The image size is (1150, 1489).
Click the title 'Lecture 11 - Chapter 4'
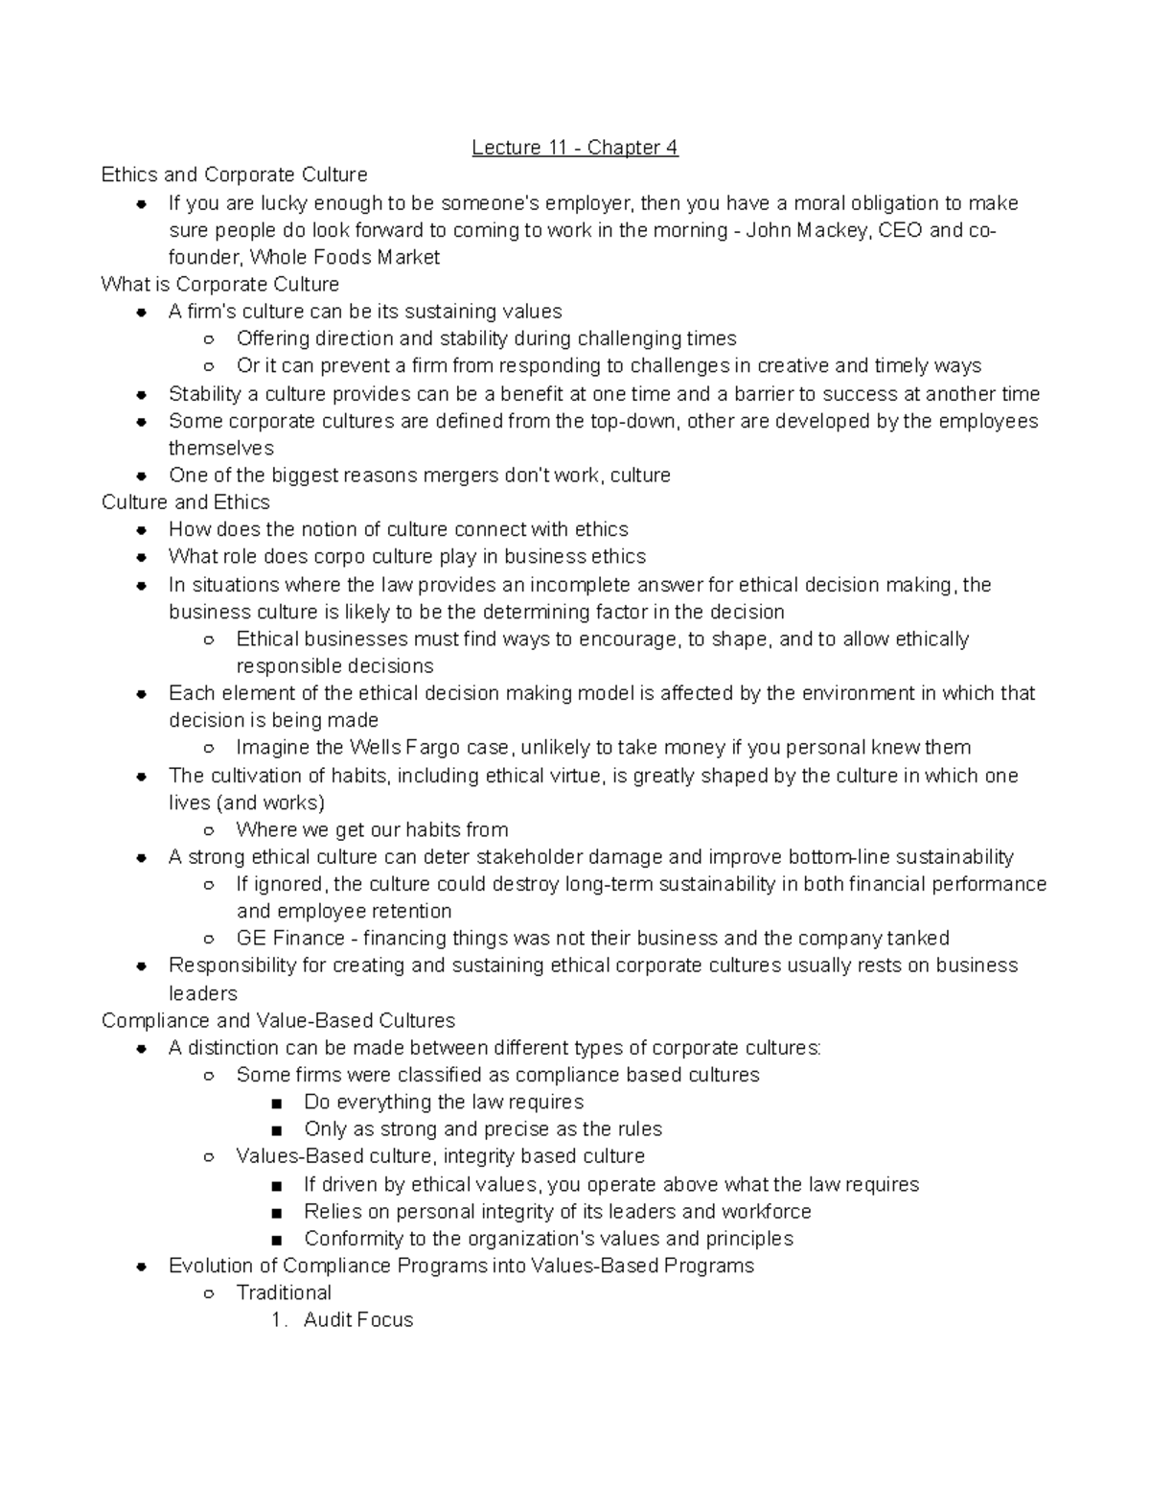coord(574,148)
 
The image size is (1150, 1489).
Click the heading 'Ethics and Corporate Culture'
coord(235,174)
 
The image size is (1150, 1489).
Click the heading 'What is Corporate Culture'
coord(220,284)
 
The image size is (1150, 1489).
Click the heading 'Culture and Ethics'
coord(186,501)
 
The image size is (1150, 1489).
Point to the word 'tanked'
coord(918,938)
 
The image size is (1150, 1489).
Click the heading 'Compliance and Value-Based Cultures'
coord(278,1020)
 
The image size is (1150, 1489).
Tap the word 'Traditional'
coord(284,1292)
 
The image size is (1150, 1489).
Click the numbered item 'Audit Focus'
coord(358,1319)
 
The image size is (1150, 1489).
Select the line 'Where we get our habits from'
coord(372,829)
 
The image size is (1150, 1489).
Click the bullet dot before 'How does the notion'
coord(141,530)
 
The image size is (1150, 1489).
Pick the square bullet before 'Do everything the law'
coord(277,1103)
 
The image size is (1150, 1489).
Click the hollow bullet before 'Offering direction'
coord(208,339)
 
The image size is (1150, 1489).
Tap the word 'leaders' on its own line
coord(202,993)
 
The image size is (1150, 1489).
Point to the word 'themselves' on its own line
coord(221,448)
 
